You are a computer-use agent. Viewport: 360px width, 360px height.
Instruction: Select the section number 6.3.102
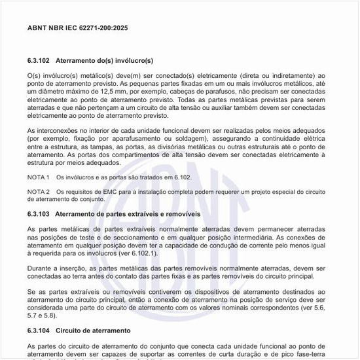41,60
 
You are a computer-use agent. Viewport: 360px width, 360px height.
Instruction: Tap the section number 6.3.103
41,214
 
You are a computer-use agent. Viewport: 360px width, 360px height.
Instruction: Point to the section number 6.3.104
41,330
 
